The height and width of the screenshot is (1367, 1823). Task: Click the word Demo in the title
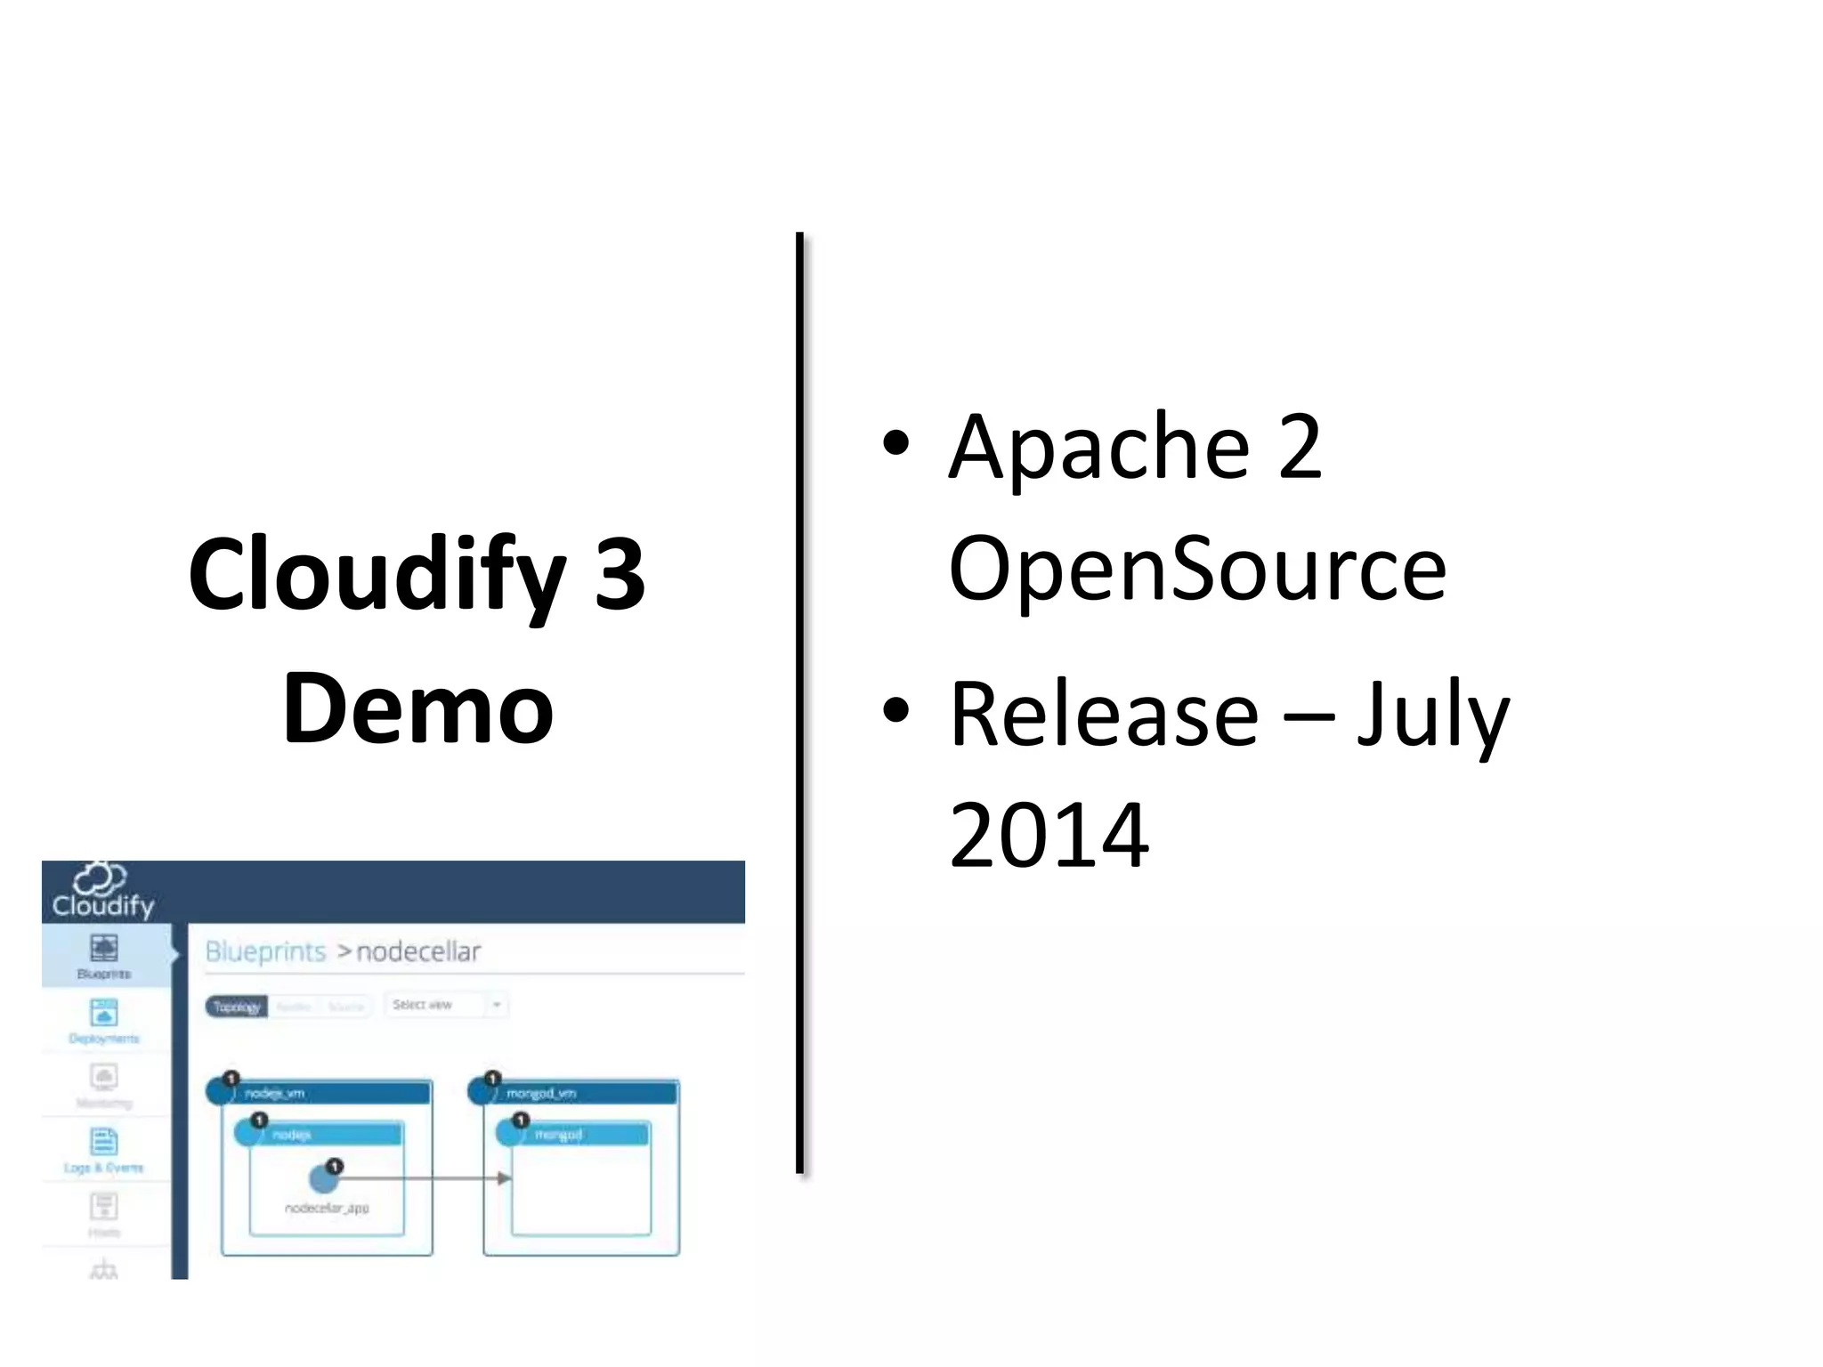[x=418, y=709]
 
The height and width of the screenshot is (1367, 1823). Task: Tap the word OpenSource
[x=1197, y=568]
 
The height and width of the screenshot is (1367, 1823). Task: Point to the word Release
[x=1104, y=714]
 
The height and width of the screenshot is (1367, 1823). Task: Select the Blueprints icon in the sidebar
[x=104, y=949]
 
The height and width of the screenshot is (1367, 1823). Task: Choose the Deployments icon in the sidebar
[x=104, y=1013]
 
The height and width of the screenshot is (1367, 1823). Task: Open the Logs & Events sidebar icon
[x=104, y=1142]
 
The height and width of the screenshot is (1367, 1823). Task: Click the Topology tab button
[x=237, y=1007]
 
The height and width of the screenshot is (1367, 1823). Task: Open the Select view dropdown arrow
[x=497, y=1006]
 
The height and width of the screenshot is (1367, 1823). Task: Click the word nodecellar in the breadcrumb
[x=418, y=952]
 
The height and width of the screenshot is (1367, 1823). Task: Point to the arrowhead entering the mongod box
[x=505, y=1178]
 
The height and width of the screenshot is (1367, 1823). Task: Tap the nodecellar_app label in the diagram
[x=327, y=1208]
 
